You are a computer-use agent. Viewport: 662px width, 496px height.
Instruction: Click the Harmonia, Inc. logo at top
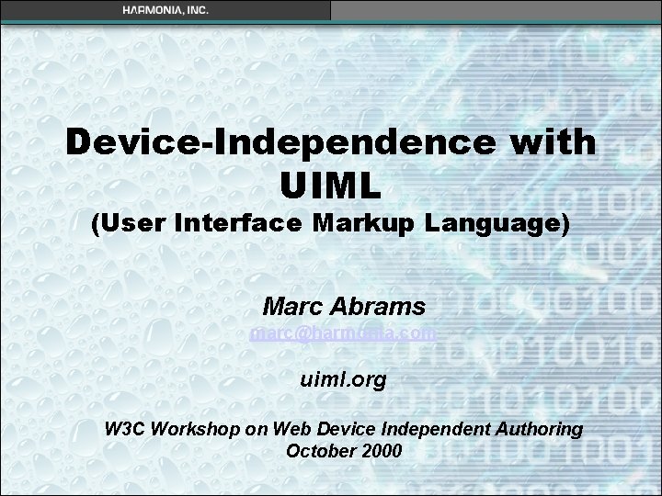click(165, 9)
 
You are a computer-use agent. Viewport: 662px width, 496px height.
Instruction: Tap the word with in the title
click(554, 143)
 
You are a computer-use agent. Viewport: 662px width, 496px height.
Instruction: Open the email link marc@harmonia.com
click(343, 333)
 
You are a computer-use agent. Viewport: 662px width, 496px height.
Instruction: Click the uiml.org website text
click(344, 378)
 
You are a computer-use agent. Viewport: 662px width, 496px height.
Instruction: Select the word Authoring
click(542, 429)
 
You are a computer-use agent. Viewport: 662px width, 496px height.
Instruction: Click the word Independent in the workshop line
click(422, 429)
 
